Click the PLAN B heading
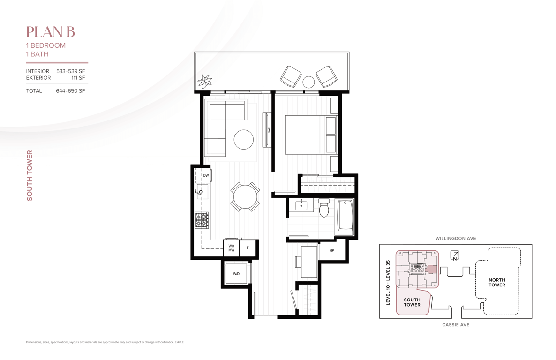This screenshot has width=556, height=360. (50, 32)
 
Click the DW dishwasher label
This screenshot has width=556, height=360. (206, 176)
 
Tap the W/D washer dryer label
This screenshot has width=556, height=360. (236, 273)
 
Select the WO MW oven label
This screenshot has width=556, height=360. (231, 248)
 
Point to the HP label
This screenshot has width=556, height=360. (332, 250)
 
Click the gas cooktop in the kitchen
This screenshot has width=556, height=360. (202, 220)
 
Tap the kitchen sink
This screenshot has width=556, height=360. (202, 192)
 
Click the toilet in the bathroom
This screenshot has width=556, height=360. (324, 208)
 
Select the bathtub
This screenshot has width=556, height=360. (344, 217)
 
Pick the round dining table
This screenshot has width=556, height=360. (245, 196)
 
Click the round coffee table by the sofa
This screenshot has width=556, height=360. (244, 139)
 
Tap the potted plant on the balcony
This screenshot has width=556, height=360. (204, 81)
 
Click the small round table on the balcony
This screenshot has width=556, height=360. (308, 82)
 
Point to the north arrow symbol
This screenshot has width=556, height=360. (455, 255)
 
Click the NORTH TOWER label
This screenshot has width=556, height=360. (497, 282)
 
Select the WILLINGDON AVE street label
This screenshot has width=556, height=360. (456, 238)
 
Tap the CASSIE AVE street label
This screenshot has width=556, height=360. (456, 324)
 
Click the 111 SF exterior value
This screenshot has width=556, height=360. (78, 78)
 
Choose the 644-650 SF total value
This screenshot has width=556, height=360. (70, 91)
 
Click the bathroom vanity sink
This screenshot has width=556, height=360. (301, 205)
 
